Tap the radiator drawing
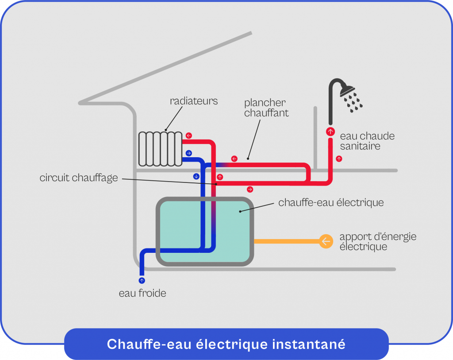tap(160, 148)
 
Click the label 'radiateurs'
tap(194, 101)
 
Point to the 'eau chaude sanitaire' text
tap(367, 141)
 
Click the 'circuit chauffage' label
tap(79, 178)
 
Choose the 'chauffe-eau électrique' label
tap(331, 203)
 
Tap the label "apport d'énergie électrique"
tap(377, 242)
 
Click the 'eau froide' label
tap(142, 293)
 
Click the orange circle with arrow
tap(326, 241)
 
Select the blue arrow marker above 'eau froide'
tap(142, 280)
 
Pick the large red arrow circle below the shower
tap(330, 132)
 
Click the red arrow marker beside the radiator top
tap(189, 135)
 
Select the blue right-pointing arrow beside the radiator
tap(189, 153)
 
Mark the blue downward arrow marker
tap(196, 176)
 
